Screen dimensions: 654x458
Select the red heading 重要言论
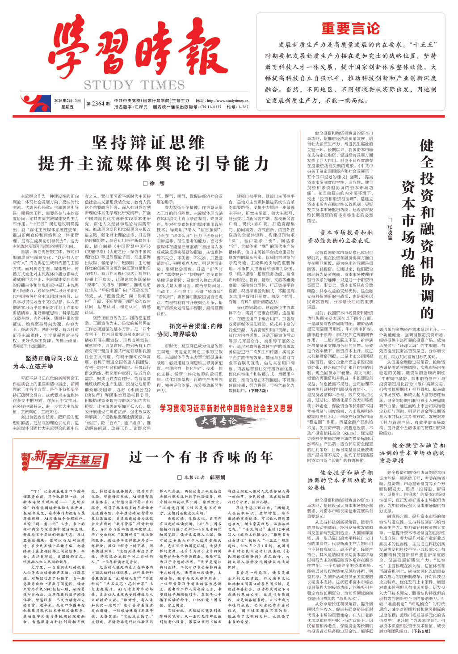(351, 29)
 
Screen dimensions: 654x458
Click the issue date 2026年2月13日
(67, 101)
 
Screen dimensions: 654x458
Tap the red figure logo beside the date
(32, 103)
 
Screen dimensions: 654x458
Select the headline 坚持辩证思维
(148, 143)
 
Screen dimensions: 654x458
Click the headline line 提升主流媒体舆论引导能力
(154, 164)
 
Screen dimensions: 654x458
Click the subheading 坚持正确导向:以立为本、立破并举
(46, 363)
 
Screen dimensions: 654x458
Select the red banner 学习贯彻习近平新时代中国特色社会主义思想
(226, 408)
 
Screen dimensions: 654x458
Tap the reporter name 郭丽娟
(217, 477)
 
